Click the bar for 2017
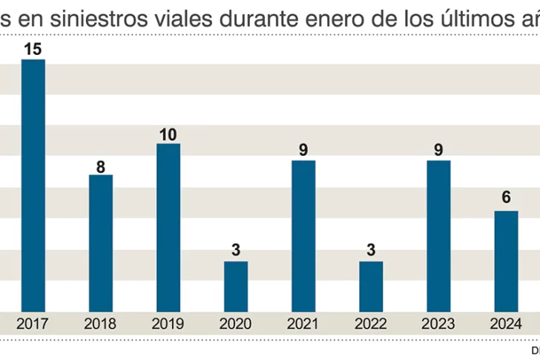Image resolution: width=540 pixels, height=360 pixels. (x=33, y=186)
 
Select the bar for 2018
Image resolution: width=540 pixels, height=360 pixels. (x=101, y=243)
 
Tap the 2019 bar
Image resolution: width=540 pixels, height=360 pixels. (x=168, y=227)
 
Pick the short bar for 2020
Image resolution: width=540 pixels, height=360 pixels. (x=236, y=286)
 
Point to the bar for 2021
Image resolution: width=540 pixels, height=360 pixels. (x=303, y=235)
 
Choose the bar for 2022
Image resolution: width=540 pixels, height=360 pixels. (x=371, y=286)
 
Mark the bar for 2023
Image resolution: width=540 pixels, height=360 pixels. (x=438, y=235)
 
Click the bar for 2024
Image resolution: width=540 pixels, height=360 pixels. (x=506, y=261)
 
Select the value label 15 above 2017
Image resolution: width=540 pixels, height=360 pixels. (x=33, y=50)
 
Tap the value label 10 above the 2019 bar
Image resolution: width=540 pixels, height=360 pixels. (x=168, y=134)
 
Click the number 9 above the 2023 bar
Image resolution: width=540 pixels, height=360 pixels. (x=438, y=151)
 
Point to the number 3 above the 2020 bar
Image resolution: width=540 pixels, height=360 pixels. (x=236, y=251)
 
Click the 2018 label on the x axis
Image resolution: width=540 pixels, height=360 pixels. (x=101, y=324)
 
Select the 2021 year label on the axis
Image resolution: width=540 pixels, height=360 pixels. (x=303, y=324)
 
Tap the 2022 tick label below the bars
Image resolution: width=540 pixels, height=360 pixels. (x=371, y=324)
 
